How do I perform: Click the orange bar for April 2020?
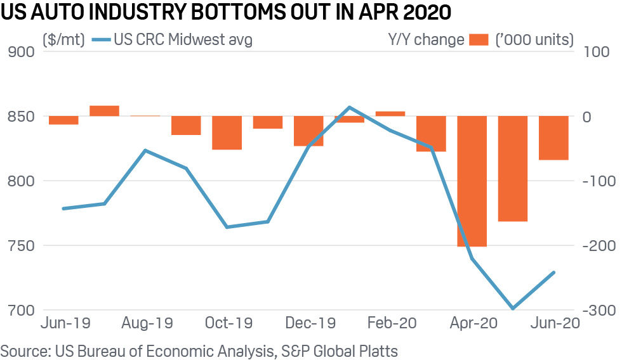click(472, 181)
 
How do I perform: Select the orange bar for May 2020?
click(513, 169)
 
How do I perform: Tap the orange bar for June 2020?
click(553, 138)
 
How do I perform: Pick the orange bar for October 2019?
click(227, 133)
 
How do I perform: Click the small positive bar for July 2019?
click(104, 111)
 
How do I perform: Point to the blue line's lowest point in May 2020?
click(513, 309)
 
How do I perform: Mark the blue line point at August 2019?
click(145, 151)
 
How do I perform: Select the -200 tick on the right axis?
click(595, 246)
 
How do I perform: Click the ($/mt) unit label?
click(62, 40)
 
